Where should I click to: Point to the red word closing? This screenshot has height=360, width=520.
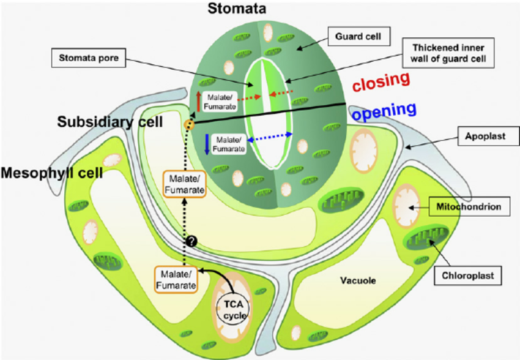[380, 81]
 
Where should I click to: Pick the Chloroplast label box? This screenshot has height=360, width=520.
[468, 276]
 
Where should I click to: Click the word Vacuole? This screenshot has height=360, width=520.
[357, 280]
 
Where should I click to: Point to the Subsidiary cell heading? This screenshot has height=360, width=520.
[110, 121]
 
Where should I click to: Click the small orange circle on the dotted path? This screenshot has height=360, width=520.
[190, 125]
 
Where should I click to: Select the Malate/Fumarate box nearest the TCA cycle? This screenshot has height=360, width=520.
[176, 279]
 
